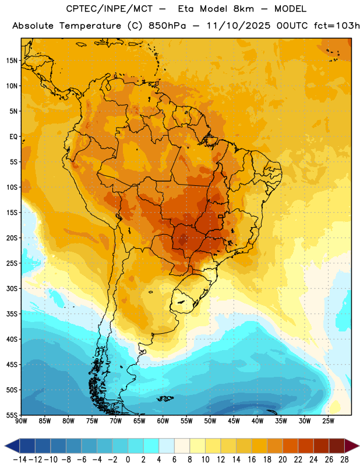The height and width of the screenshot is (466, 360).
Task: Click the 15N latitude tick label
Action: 12,61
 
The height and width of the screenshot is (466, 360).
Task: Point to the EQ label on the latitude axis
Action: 13,137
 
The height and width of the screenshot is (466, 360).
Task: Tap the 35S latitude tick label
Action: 12,314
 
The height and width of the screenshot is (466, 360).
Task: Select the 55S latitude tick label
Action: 12,415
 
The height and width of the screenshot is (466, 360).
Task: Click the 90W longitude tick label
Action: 21,421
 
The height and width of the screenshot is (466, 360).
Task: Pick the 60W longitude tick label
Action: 163,421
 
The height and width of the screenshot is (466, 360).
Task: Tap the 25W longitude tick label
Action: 328,421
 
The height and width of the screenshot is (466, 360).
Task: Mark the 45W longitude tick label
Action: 234,421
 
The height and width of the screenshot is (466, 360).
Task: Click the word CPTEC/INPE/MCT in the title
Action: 110,9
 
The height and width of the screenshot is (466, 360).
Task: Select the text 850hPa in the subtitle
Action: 167,26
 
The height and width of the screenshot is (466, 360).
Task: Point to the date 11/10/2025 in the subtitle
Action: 238,26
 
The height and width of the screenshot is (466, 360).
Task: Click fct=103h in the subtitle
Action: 337,26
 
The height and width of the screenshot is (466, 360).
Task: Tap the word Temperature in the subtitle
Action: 90,26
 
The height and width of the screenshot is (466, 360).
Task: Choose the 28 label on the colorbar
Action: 344,460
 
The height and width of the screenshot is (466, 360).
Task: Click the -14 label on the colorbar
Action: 20,460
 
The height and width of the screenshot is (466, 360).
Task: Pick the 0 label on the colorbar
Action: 128,460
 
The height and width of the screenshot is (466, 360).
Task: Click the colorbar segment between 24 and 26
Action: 322,446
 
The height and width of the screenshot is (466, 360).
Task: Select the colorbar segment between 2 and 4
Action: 151,446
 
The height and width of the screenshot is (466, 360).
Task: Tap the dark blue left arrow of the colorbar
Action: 12,446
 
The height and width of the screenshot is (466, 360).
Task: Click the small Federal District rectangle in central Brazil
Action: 221,217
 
